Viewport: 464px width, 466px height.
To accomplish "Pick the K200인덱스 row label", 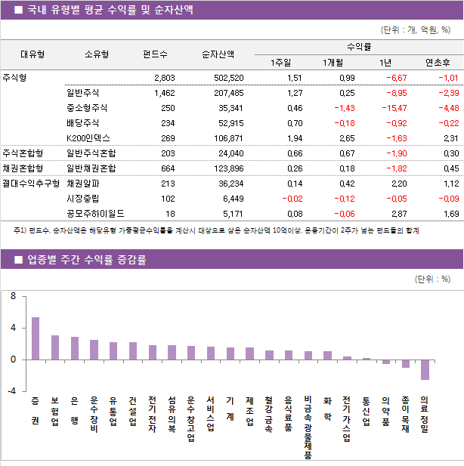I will (x=88, y=138).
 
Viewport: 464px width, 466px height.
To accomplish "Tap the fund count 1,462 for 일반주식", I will (x=164, y=93).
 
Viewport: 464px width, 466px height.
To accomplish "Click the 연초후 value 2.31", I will (x=450, y=138).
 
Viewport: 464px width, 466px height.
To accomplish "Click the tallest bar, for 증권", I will (x=36, y=338).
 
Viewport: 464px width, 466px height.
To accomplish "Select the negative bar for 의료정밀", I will (x=425, y=369).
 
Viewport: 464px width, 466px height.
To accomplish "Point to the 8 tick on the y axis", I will (x=12, y=297).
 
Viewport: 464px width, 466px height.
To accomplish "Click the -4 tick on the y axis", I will (x=11, y=390).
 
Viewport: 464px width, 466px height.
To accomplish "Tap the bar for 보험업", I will (x=55, y=347).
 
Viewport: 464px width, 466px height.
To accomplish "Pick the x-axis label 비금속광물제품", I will (x=308, y=427).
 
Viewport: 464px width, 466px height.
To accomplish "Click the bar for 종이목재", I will (x=406, y=363).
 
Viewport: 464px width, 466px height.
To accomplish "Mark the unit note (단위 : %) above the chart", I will (x=433, y=279).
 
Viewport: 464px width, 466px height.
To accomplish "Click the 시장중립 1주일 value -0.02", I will (x=292, y=199).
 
